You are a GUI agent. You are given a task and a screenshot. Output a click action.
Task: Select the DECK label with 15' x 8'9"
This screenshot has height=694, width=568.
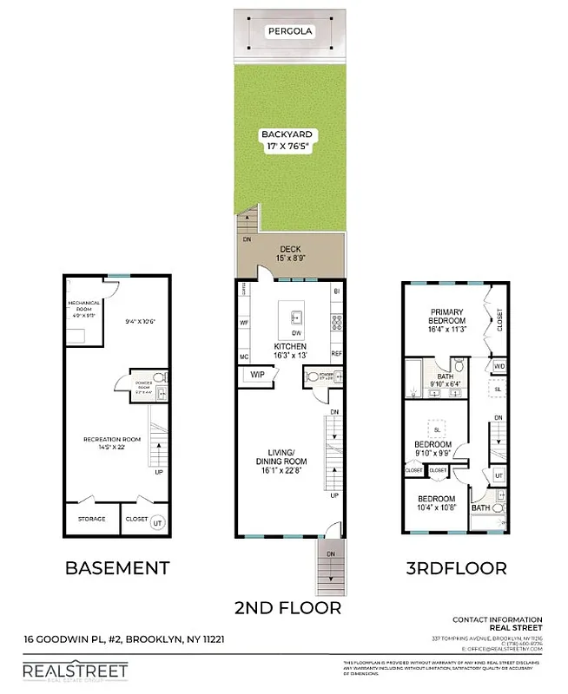(x=289, y=253)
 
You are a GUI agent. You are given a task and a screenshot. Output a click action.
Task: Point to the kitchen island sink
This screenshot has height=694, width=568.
(x=294, y=314)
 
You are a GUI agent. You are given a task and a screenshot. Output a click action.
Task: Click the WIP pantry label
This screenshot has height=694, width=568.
(x=258, y=375)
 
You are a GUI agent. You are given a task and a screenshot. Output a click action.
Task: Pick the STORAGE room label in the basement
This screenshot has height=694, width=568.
(x=92, y=519)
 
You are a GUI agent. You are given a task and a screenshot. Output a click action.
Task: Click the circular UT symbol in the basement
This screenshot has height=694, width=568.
(x=157, y=522)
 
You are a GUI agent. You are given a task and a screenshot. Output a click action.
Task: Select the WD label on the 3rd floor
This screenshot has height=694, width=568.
(x=499, y=367)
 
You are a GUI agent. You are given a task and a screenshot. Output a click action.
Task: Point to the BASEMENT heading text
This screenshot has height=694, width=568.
(x=118, y=568)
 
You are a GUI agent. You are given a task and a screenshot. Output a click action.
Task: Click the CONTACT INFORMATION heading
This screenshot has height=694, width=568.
(x=498, y=619)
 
